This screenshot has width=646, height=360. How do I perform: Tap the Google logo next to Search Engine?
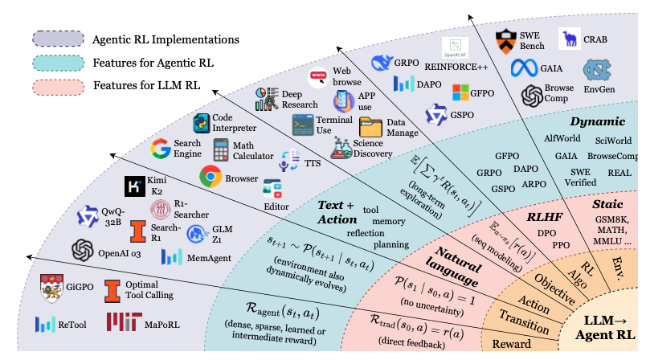click(x=164, y=149)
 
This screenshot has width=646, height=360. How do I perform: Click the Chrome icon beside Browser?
click(x=211, y=176)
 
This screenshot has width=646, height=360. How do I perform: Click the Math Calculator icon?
click(x=222, y=150)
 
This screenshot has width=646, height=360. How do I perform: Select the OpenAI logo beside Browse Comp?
click(x=532, y=97)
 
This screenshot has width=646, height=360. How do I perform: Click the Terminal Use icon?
click(x=303, y=125)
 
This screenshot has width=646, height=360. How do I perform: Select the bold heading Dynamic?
click(x=597, y=121)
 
